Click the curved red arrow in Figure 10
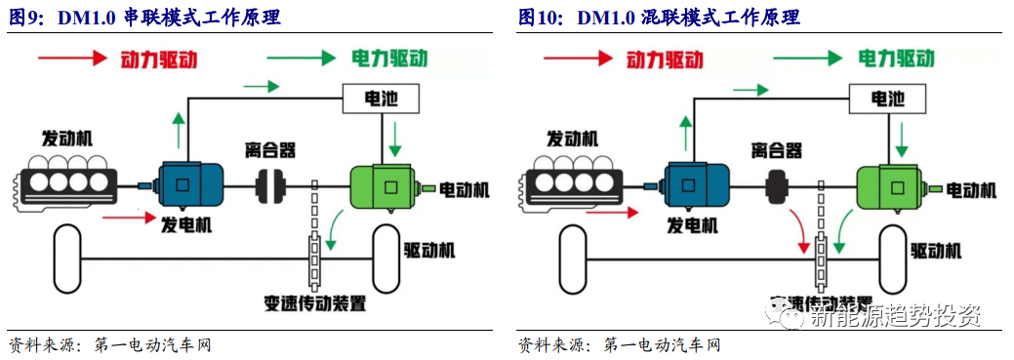click(799, 229)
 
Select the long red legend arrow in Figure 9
click(71, 59)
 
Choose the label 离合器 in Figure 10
click(777, 150)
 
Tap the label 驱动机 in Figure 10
click(935, 250)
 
